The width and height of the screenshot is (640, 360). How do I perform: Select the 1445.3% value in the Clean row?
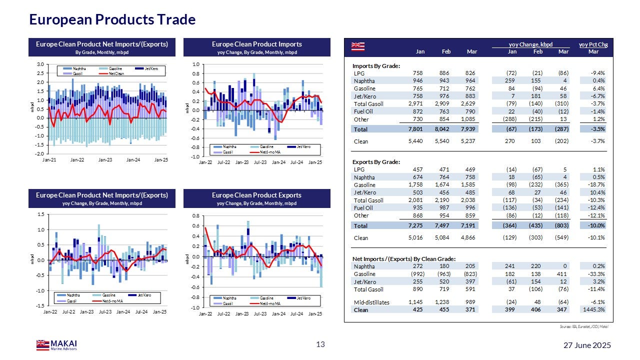(x=594, y=310)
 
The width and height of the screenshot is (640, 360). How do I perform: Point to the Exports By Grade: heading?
(x=376, y=162)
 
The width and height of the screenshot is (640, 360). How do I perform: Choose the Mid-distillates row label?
(x=371, y=302)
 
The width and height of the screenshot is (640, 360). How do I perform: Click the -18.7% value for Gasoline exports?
(x=595, y=185)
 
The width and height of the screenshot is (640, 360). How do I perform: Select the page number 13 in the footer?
(x=320, y=344)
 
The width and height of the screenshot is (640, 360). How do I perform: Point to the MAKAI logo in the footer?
(x=56, y=344)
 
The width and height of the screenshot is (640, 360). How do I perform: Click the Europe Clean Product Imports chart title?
(x=257, y=44)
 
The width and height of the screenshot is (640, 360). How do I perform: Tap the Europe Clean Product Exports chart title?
(x=257, y=195)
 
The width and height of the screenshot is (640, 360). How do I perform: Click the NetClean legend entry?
(x=114, y=73)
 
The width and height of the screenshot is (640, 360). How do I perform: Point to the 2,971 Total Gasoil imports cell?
(x=414, y=104)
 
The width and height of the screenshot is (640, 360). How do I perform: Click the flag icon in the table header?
(x=357, y=46)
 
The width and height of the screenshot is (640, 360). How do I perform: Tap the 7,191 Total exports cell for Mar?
(x=469, y=226)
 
